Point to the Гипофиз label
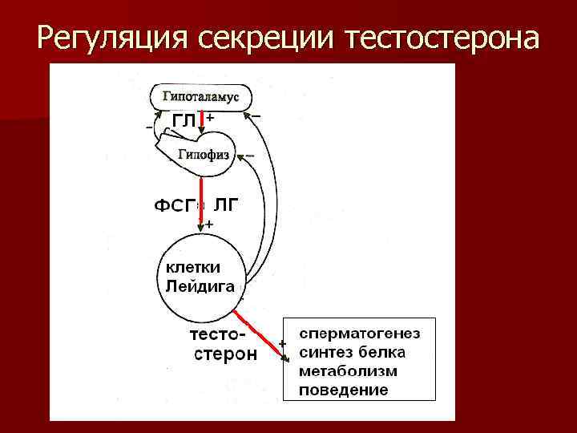(x=204, y=154)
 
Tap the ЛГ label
(x=225, y=205)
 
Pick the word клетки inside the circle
(x=192, y=266)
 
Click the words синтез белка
(x=352, y=352)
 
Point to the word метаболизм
(x=349, y=371)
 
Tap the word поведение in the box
(x=343, y=391)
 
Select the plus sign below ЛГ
(x=209, y=225)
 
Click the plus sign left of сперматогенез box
(x=282, y=343)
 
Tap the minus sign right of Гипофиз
(x=251, y=155)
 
